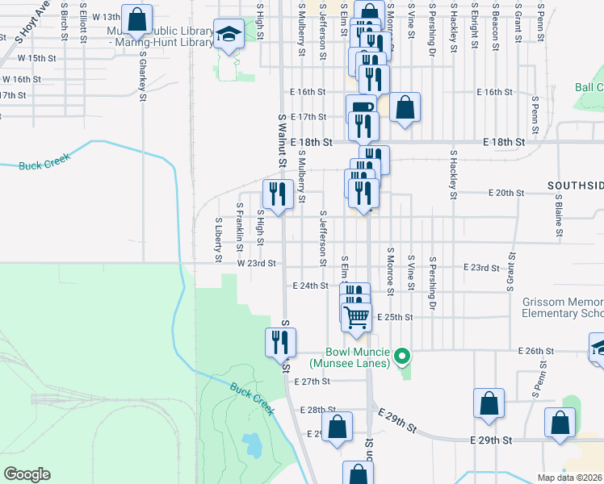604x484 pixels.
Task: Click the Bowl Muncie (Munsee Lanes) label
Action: coord(359,358)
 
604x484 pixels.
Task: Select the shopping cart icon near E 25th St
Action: coord(357,316)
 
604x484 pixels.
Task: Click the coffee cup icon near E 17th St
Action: coord(361,109)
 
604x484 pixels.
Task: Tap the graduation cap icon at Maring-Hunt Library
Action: coord(229,35)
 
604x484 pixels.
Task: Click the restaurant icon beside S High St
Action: coord(278,194)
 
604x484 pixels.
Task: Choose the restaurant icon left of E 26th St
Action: coord(280,342)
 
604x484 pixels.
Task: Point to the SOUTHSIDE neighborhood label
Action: coord(575,186)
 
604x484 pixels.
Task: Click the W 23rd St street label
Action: coord(257,263)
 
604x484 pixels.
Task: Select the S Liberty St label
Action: coord(218,239)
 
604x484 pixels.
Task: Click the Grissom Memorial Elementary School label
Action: coord(563,307)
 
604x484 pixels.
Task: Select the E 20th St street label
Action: coord(506,194)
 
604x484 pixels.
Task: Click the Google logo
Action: coord(27,474)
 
